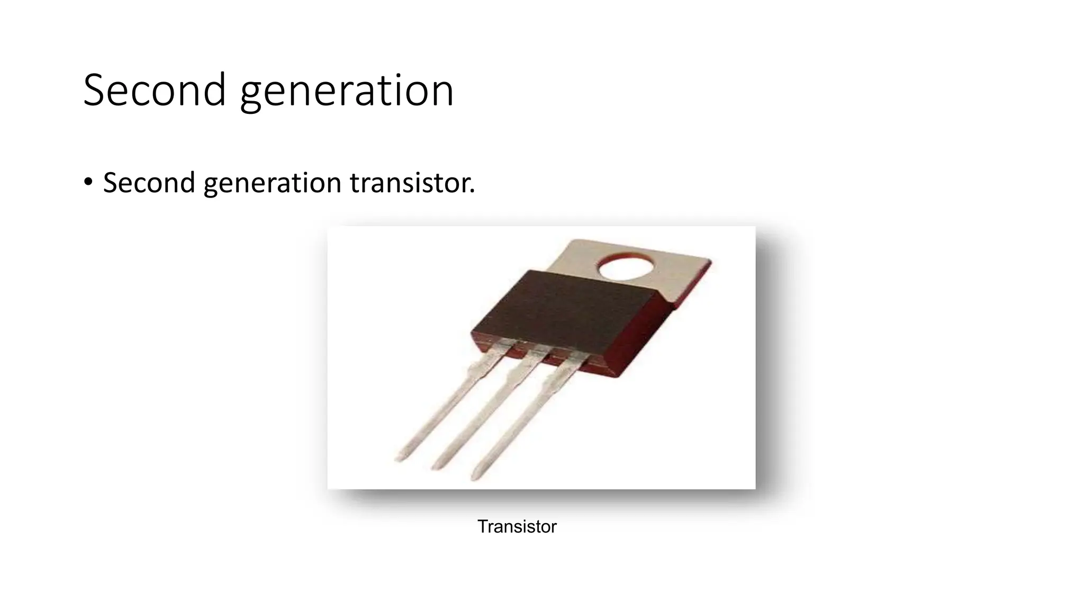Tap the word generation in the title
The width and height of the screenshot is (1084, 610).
tap(347, 91)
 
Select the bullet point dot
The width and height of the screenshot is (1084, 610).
tap(88, 182)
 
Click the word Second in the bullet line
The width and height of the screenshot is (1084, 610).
tap(149, 183)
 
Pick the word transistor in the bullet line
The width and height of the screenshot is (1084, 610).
tap(410, 183)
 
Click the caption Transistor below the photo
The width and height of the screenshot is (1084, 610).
tap(517, 526)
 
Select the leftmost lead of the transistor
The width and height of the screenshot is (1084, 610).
tap(445, 408)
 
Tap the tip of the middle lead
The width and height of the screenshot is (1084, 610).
tap(437, 467)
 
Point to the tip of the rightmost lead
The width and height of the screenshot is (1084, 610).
tap(475, 477)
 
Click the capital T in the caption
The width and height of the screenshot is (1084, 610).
tap(482, 526)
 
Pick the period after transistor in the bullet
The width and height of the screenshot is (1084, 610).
tap(472, 192)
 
